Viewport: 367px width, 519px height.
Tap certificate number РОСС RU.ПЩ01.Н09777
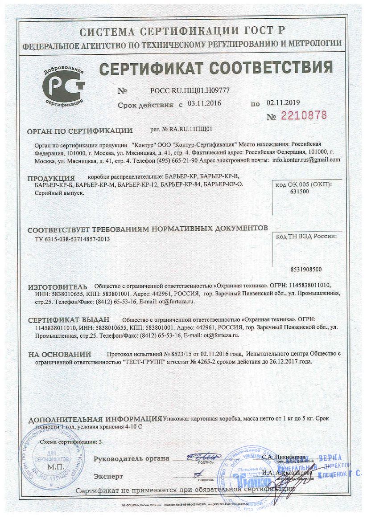tap(190, 90)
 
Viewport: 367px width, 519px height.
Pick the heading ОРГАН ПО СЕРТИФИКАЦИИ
tap(80, 131)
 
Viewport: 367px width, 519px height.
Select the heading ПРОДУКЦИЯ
tap(51, 178)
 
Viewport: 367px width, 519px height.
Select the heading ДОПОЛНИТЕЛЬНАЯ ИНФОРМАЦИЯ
tap(95, 419)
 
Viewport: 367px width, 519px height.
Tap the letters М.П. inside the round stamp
tap(56, 466)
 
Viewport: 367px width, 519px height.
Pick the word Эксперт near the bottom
tap(108, 476)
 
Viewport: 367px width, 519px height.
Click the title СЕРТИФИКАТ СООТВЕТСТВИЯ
tap(216, 68)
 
